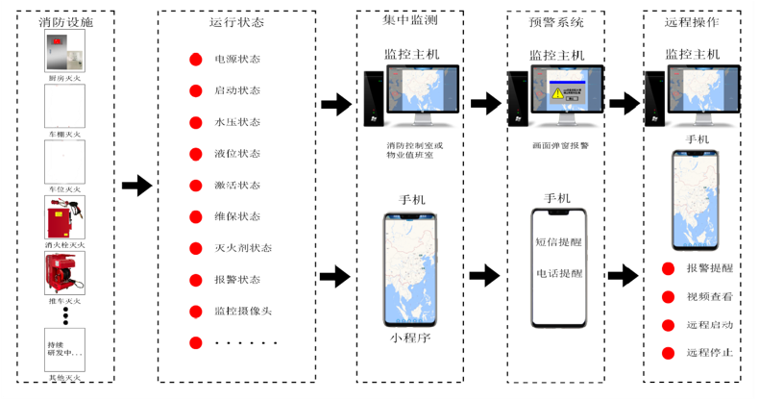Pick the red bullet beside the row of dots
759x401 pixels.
195,342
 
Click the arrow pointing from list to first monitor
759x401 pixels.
336,104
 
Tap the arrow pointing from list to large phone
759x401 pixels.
336,280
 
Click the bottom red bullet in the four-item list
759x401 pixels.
666,354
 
